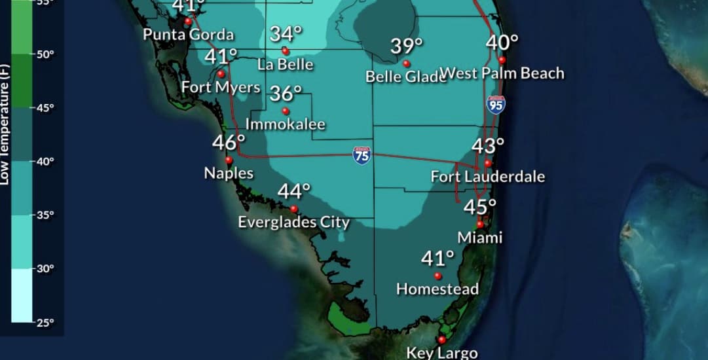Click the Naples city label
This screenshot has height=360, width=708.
coord(229,173)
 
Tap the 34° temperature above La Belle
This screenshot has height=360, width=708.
coord(286,33)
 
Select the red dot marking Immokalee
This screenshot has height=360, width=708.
coord(285,111)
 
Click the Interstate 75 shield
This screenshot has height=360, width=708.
coord(361,155)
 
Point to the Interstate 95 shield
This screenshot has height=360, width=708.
coord(496,104)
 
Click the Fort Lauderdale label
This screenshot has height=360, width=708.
coord(487,177)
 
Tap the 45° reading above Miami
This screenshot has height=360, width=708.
coord(480,207)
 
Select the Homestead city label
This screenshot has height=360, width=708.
coord(438,289)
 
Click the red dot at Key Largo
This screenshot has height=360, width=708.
coord(441,340)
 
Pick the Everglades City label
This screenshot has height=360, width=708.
coord(293,222)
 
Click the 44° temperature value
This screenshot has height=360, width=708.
coord(293,192)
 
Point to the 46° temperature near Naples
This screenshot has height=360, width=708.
coord(229,142)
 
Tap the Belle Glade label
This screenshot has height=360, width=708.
coord(405,77)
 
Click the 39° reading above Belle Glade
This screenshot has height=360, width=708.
coord(407,46)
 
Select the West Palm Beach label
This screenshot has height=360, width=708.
coord(502,73)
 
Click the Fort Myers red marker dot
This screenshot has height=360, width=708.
coord(221,74)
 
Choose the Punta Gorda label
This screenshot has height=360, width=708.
coord(189,35)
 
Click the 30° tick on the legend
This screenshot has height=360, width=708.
coord(45,268)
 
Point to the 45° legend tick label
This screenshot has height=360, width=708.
coord(45,108)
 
